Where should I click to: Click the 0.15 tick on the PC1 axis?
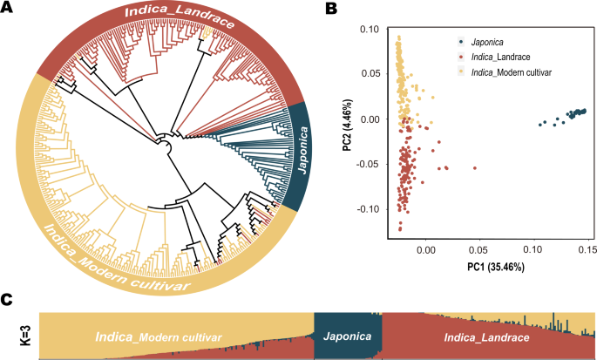[586, 249]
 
